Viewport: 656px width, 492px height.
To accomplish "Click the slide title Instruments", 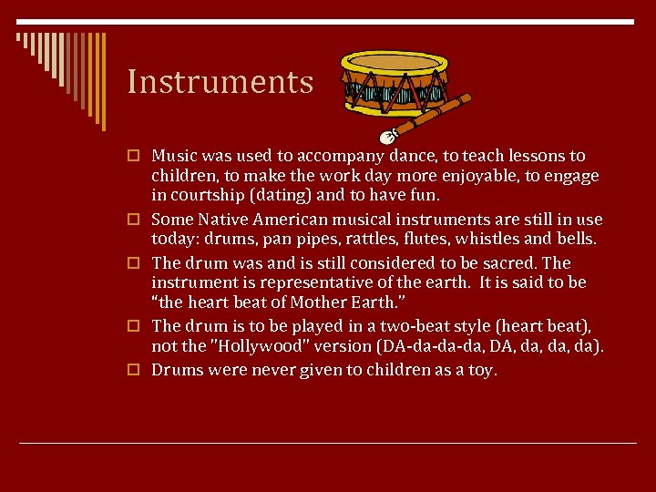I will tap(220, 82).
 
